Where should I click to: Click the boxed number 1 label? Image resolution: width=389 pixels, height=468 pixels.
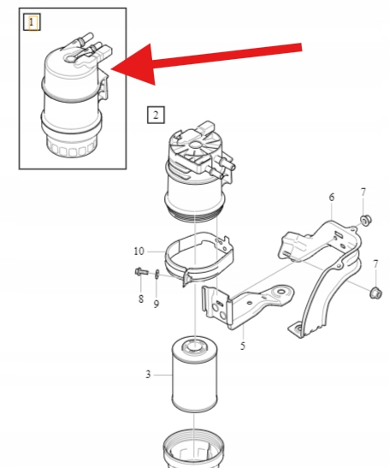click(32, 21)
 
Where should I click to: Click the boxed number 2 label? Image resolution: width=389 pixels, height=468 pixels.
click(156, 115)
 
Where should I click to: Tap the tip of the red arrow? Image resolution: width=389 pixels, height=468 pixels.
click(111, 69)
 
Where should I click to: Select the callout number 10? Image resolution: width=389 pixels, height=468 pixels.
click(139, 252)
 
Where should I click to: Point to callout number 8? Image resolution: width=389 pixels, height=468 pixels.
click(141, 299)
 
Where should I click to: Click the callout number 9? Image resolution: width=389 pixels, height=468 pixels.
click(156, 304)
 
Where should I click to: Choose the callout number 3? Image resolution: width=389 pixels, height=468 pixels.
click(148, 374)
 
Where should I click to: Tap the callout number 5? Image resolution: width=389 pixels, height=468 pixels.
click(243, 346)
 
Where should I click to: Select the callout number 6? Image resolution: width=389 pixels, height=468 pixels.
click(332, 197)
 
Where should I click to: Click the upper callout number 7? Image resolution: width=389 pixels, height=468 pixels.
click(363, 193)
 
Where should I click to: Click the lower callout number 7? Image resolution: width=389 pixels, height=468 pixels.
click(375, 264)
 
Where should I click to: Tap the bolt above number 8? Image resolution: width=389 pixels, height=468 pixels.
click(141, 271)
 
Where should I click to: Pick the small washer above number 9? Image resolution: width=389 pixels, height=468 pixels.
click(157, 275)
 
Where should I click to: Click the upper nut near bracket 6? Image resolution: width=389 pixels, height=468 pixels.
click(366, 220)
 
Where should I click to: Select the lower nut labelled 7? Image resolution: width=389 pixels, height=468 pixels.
click(375, 293)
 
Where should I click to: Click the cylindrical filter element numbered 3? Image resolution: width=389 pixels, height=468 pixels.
click(195, 374)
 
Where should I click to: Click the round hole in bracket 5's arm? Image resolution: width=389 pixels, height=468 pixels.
click(280, 291)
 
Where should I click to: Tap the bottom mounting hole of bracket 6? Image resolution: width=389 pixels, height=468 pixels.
click(297, 329)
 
